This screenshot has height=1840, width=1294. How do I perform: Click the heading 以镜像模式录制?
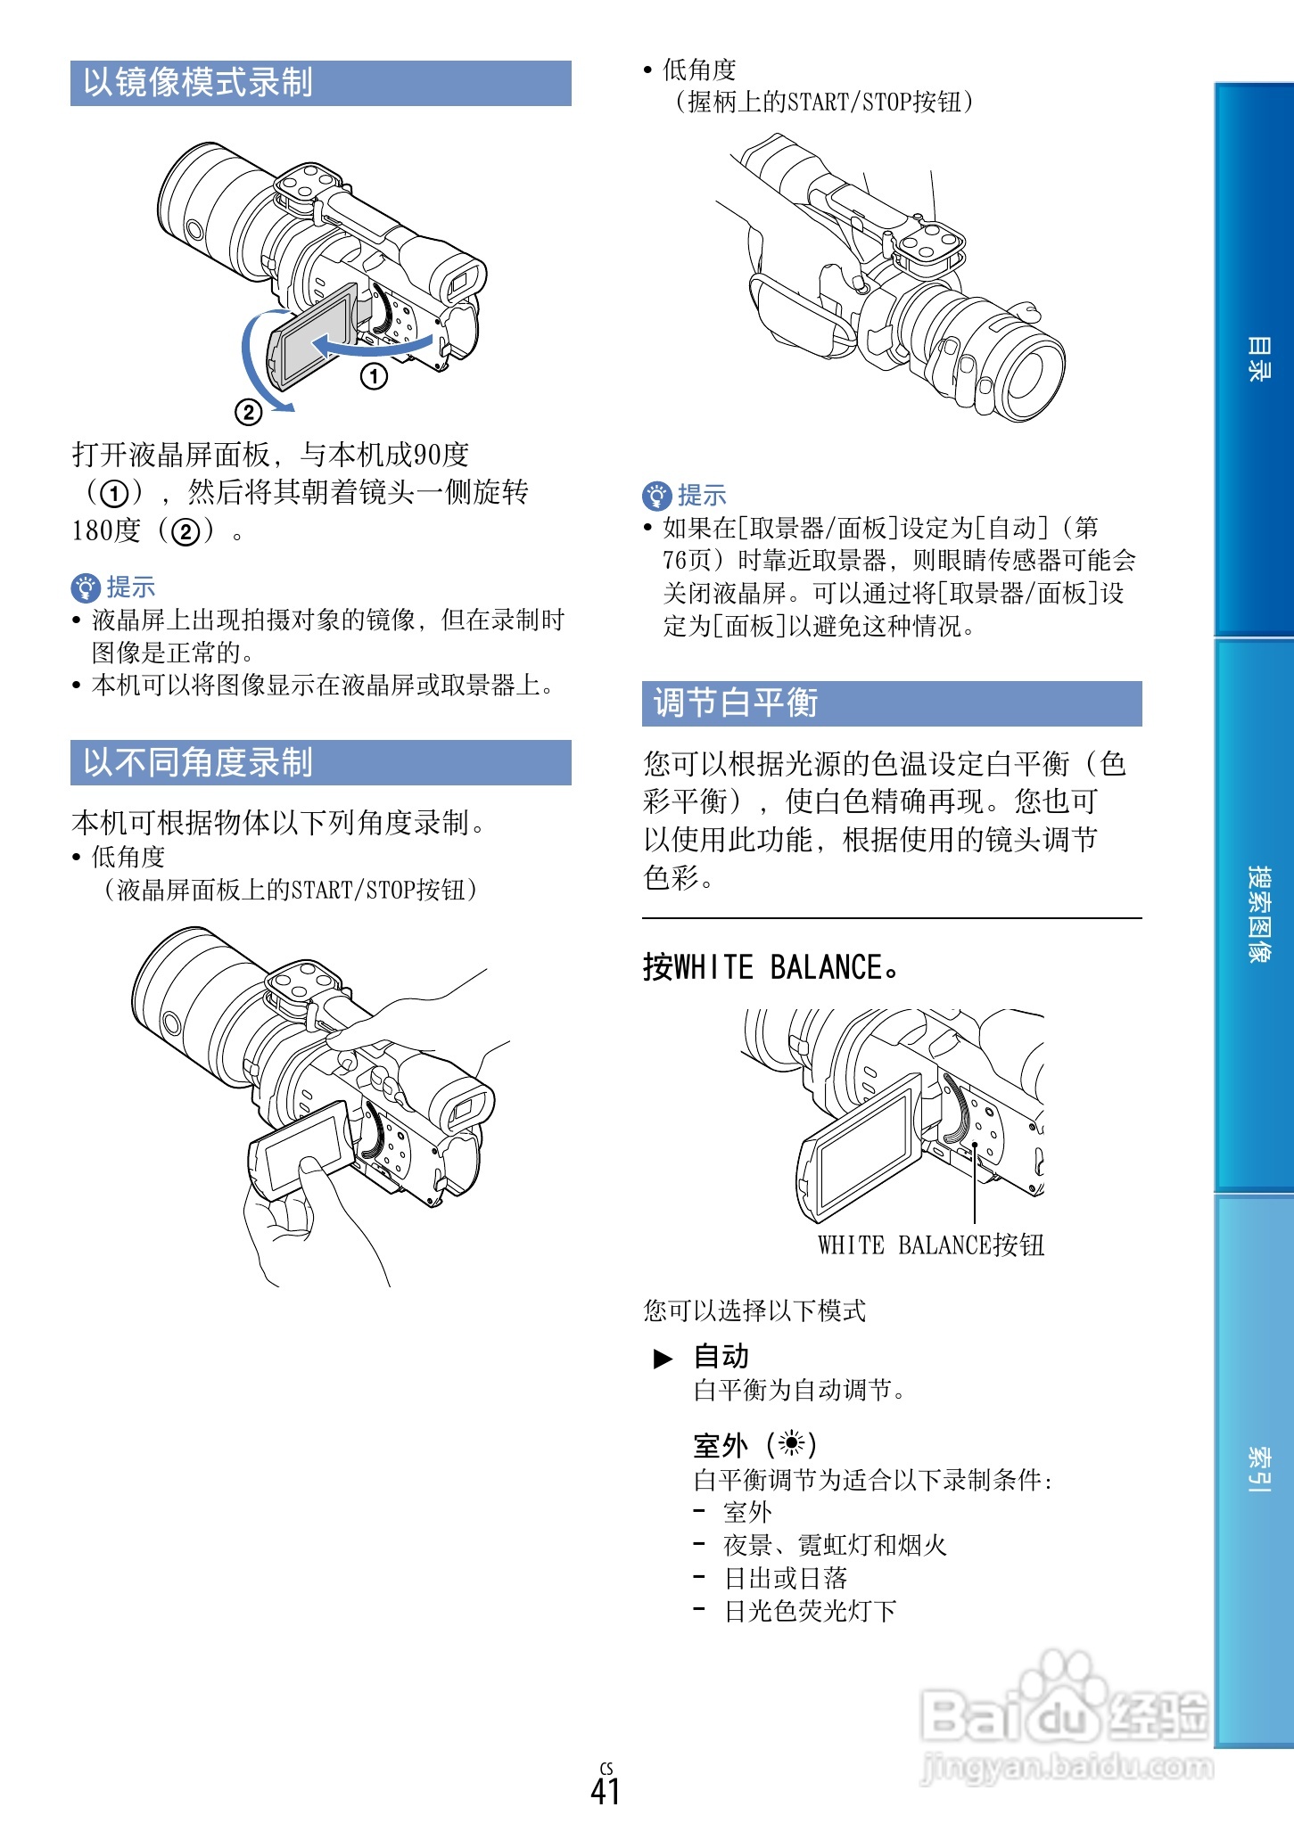tap(198, 83)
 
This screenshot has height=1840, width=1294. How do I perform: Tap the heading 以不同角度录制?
tap(198, 763)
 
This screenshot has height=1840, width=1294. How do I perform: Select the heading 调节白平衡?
tap(736, 703)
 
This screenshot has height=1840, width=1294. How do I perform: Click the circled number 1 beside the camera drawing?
tap(375, 376)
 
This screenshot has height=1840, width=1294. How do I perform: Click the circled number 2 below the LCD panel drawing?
tap(249, 412)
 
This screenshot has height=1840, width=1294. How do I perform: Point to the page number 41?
tap(606, 1791)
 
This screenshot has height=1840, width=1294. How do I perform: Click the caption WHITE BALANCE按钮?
tap(931, 1245)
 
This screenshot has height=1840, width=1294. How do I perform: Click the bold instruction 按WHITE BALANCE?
tap(771, 967)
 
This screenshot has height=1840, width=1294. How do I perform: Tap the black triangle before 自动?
tap(663, 1359)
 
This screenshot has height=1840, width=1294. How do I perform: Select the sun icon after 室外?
tap(791, 1443)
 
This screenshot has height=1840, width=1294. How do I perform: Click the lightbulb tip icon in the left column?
tap(85, 587)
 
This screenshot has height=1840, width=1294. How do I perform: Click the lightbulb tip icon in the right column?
tap(656, 496)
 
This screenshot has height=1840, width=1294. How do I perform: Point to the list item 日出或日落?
tap(785, 1578)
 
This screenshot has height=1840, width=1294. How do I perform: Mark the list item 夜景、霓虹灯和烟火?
tap(835, 1545)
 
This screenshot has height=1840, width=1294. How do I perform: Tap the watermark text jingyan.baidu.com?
tap(1067, 1766)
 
